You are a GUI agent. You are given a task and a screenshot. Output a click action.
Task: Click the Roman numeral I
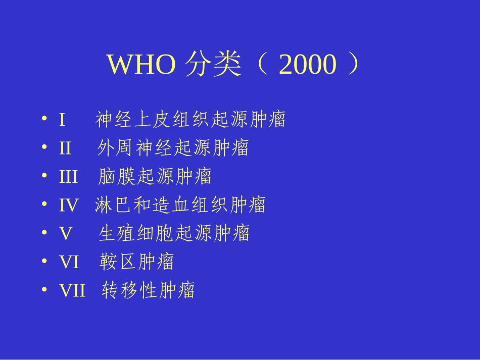coord(62,120)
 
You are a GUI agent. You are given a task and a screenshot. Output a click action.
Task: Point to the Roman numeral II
coord(65,148)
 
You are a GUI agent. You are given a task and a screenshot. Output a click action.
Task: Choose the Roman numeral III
coord(68,177)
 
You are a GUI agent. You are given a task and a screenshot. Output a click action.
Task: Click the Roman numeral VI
coord(69,262)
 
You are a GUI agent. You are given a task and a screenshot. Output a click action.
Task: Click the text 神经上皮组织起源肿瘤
coord(190,120)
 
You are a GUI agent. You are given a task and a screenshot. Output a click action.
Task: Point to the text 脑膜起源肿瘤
coord(154,177)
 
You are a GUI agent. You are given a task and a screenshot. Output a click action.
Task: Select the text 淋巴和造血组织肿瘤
coord(180,205)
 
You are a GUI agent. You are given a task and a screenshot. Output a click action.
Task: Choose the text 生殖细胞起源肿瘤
coord(174,233)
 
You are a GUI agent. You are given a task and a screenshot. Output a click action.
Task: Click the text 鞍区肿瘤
coord(136,262)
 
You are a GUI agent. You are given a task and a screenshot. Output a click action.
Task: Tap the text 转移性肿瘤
coord(148,290)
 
